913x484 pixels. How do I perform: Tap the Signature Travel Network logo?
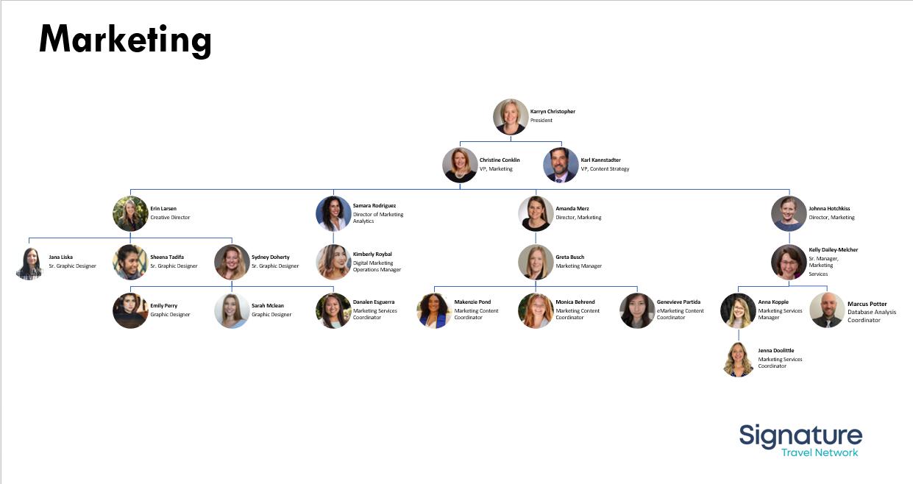(800, 440)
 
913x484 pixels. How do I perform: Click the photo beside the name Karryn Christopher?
(511, 116)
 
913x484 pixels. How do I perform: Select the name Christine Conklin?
(500, 160)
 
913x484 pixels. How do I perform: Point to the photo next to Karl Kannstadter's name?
(561, 165)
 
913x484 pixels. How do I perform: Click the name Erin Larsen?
(163, 209)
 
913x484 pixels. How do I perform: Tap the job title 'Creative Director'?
(170, 218)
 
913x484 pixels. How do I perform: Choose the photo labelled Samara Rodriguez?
(333, 214)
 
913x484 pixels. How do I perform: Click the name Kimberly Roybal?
(372, 255)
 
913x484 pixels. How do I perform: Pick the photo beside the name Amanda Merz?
(536, 214)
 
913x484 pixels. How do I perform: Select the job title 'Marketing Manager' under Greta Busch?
(578, 266)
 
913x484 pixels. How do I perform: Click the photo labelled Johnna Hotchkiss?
(789, 214)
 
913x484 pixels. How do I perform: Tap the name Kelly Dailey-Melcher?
(833, 250)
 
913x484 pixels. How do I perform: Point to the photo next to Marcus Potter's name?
(827, 310)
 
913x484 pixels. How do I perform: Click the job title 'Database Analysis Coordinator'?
(872, 316)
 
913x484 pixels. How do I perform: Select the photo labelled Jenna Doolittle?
(738, 359)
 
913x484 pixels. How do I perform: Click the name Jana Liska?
(60, 257)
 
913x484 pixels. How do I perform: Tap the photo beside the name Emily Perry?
(130, 310)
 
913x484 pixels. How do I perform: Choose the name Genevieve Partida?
(678, 302)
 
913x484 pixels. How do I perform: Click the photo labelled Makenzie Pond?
(434, 310)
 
